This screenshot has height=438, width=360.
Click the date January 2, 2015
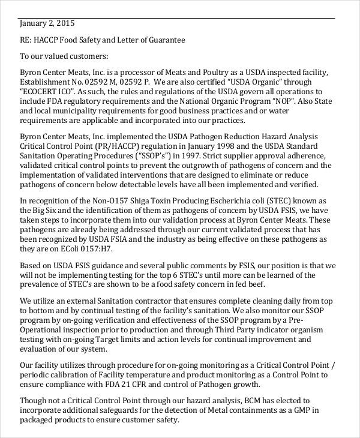point(47,24)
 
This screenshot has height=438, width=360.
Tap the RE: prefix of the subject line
point(26,40)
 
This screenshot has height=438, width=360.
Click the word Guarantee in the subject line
point(167,40)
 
